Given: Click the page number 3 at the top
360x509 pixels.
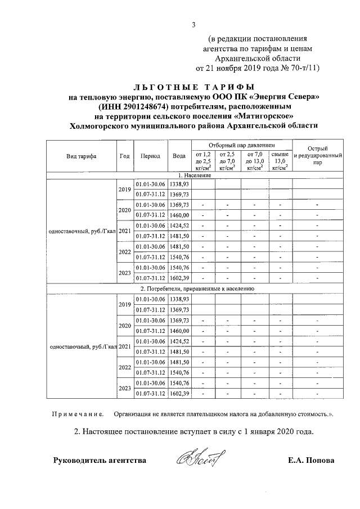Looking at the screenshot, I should pyautogui.click(x=193, y=24).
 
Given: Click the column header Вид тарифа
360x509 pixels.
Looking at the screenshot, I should pyautogui.click(x=80, y=156).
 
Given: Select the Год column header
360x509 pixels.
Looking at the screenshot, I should pyautogui.click(x=124, y=156).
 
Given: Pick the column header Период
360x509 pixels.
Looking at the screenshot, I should pyautogui.click(x=151, y=156).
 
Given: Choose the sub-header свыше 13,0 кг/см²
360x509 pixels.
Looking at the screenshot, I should pyautogui.click(x=280, y=160).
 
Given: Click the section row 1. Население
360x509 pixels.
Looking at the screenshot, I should pyautogui.click(x=195, y=175).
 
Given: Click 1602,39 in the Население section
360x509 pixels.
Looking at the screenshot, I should pyautogui.click(x=181, y=278).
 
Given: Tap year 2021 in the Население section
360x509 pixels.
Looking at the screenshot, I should pyautogui.click(x=124, y=232).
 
